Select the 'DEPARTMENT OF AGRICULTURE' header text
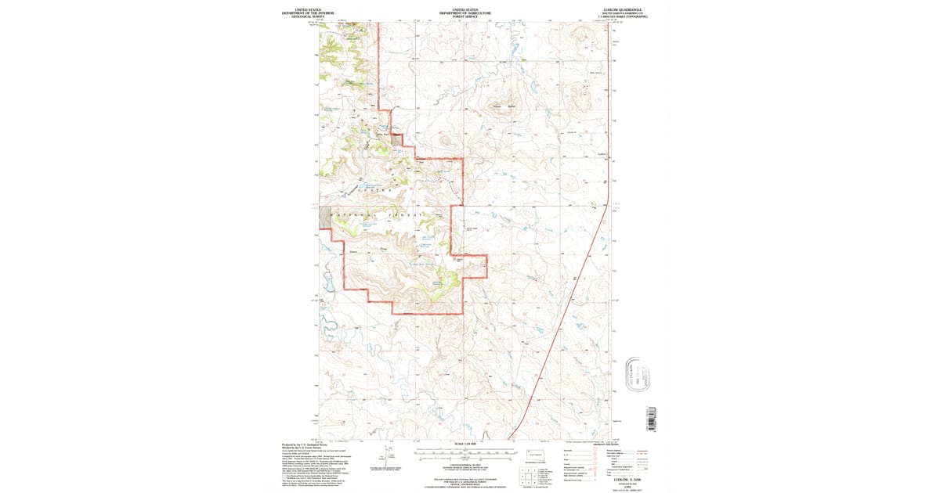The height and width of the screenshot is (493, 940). tap(465, 13)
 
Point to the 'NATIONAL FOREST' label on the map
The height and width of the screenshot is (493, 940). tap(376, 214)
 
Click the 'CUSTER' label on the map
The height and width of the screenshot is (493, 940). tap(374, 191)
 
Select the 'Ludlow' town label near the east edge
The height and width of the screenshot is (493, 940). tap(602, 154)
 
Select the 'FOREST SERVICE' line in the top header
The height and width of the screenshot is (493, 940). tap(465, 16)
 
